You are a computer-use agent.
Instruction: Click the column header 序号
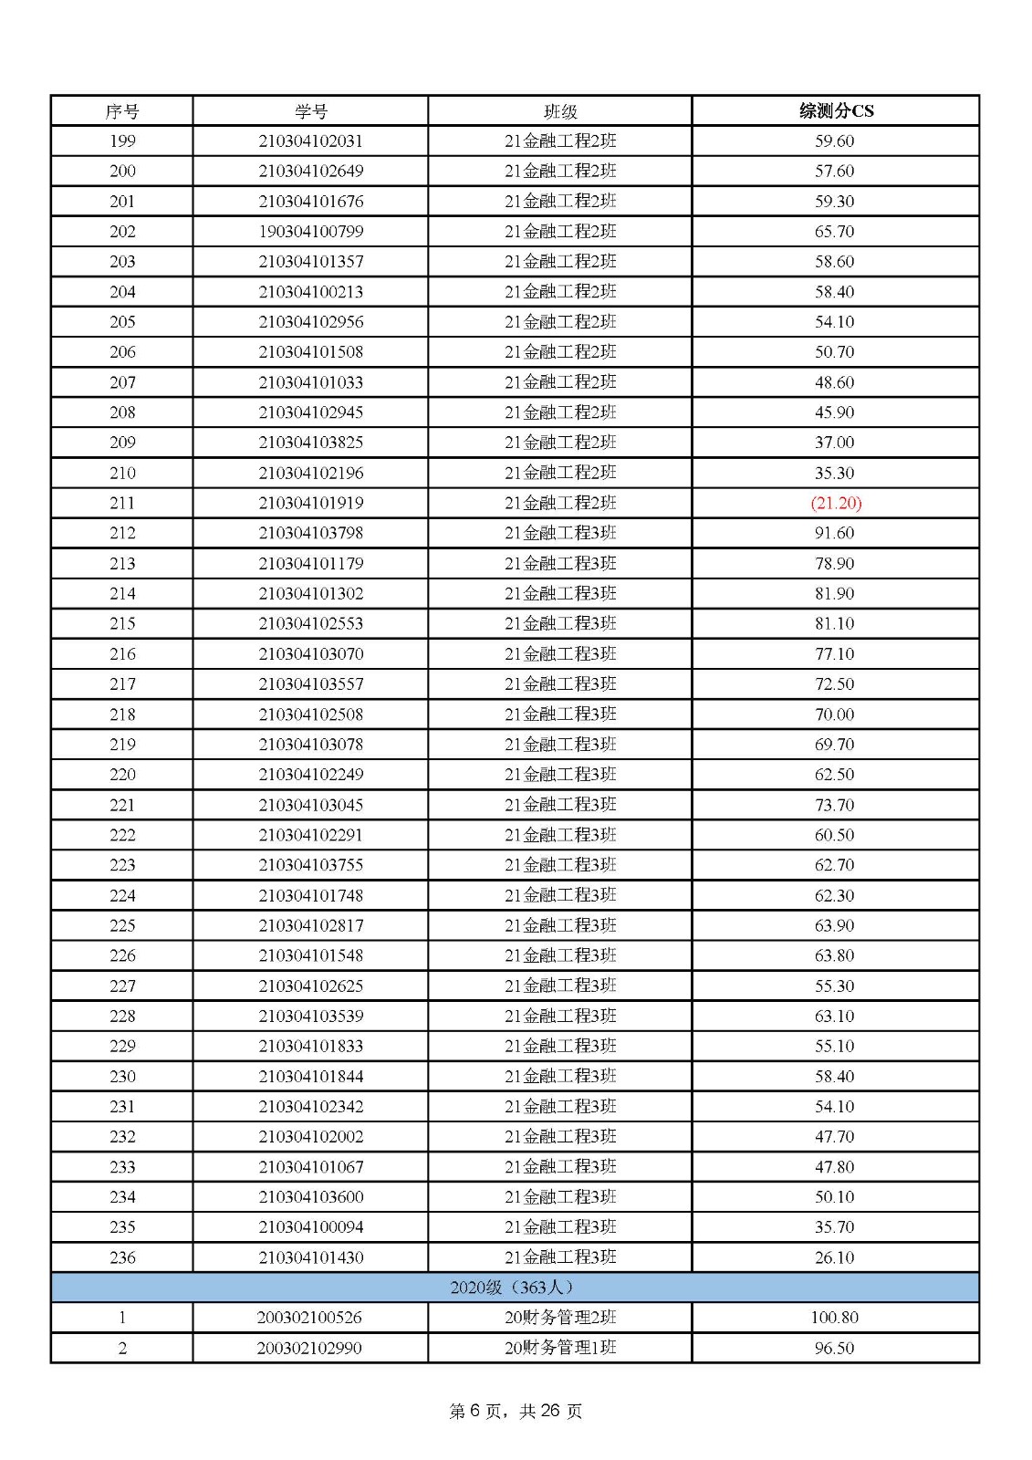point(122,111)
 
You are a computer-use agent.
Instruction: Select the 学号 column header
point(310,111)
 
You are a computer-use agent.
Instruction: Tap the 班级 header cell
point(560,111)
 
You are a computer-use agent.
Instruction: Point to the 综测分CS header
point(836,111)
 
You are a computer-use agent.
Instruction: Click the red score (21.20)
point(836,503)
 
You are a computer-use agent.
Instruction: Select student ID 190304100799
point(310,232)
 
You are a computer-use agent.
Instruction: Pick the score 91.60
point(835,533)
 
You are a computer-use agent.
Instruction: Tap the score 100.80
point(835,1318)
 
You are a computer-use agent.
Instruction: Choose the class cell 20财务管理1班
point(560,1348)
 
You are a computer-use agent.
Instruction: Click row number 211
point(122,503)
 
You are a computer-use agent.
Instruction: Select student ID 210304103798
point(310,533)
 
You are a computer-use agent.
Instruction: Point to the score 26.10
point(835,1257)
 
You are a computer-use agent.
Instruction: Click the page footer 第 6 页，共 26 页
point(516,1411)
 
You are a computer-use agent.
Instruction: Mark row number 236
point(122,1257)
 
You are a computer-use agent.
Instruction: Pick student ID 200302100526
point(310,1318)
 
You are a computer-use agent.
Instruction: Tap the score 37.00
point(835,443)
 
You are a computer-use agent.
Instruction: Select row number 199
point(122,141)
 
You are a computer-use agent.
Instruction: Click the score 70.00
point(835,714)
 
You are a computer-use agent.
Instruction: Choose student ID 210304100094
point(310,1227)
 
